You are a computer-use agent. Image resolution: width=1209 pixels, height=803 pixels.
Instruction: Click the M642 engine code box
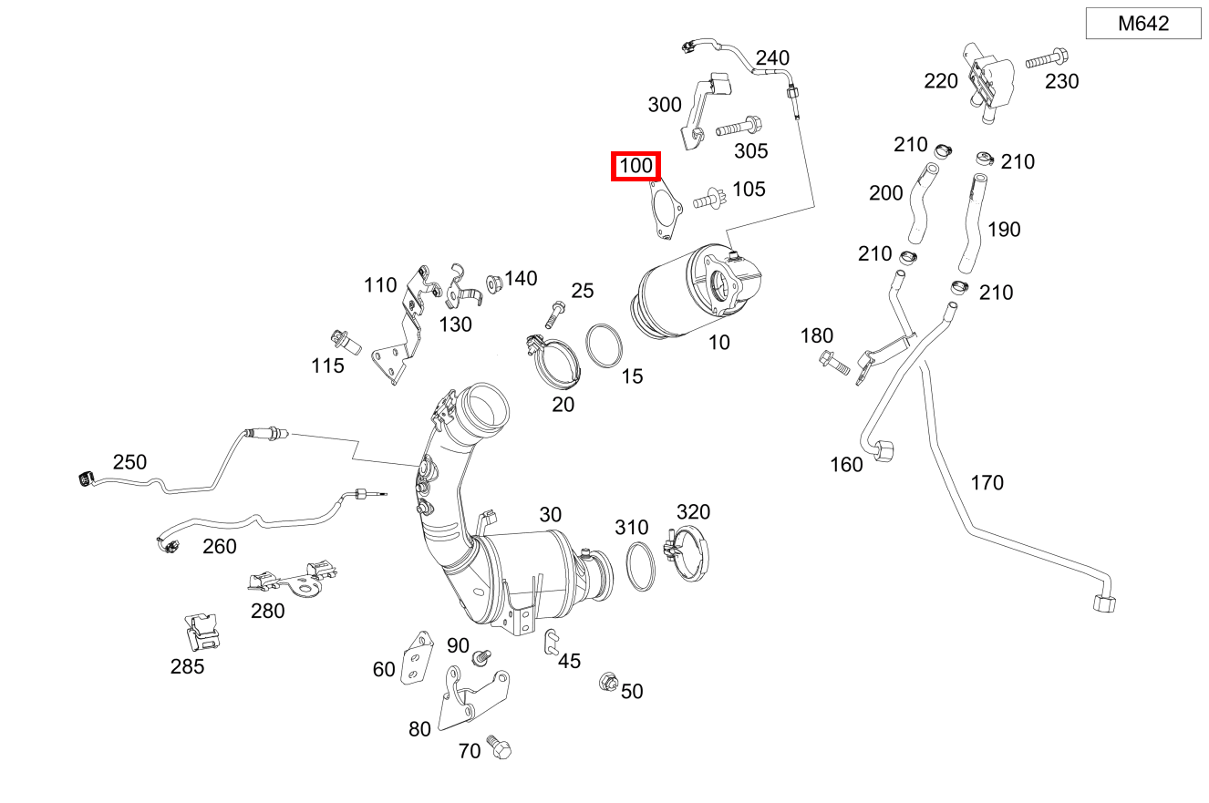(1143, 25)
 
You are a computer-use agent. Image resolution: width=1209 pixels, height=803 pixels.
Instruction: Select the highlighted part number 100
(635, 167)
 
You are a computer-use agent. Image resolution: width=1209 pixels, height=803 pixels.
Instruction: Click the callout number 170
(987, 482)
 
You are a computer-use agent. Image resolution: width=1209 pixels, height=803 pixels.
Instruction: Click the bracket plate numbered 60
(416, 657)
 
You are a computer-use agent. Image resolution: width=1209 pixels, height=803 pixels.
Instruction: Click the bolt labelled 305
(737, 128)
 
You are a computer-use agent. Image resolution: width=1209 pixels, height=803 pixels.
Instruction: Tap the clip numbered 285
(201, 629)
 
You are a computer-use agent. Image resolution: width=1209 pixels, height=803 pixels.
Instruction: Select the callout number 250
(129, 461)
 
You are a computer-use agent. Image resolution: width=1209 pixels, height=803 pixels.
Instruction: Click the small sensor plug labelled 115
(347, 342)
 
